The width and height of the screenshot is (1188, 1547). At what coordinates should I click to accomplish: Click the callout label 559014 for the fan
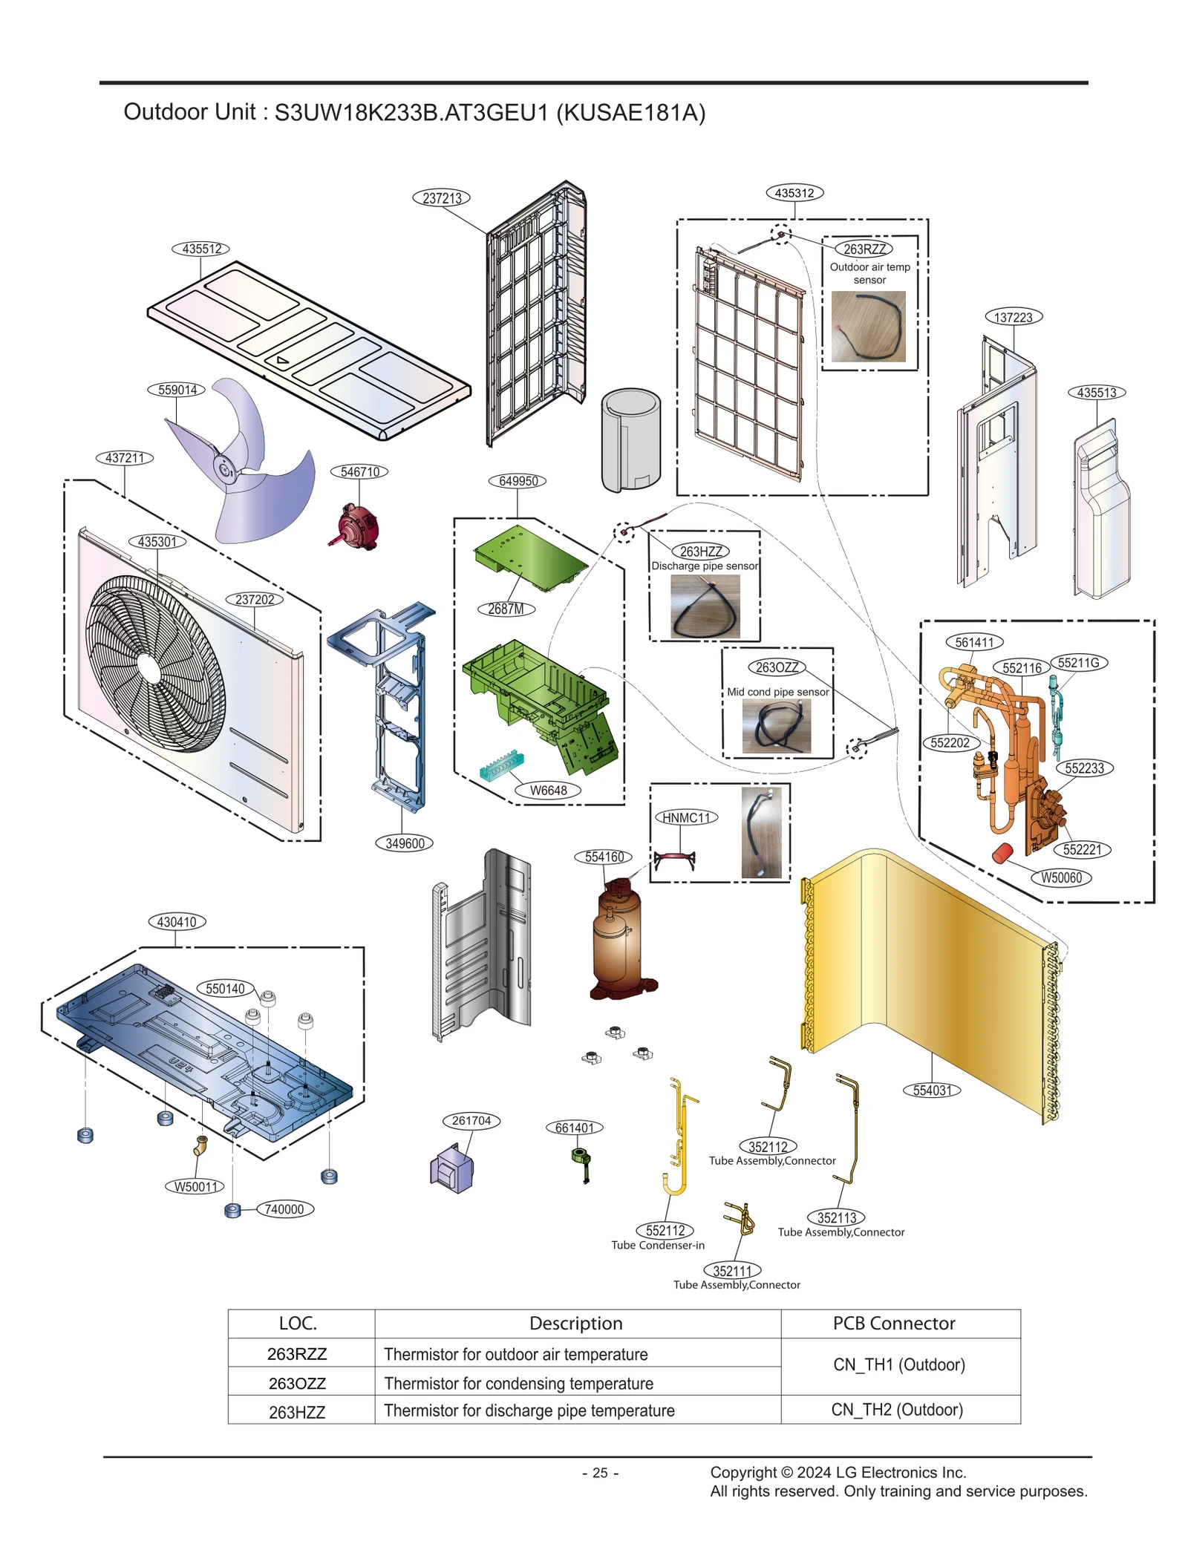pyautogui.click(x=177, y=390)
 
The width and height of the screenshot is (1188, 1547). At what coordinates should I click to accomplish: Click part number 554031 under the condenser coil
pyautogui.click(x=931, y=1090)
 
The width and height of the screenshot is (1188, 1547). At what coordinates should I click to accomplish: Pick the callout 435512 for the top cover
pyautogui.click(x=201, y=249)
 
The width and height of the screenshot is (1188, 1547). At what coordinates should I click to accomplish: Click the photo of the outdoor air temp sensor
pyautogui.click(x=867, y=327)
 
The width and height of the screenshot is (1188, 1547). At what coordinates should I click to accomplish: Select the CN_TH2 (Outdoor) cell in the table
pyautogui.click(x=896, y=1409)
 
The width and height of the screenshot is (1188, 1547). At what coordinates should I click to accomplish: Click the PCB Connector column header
pyautogui.click(x=893, y=1323)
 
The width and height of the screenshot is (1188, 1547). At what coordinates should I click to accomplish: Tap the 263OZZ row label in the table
pyautogui.click(x=297, y=1383)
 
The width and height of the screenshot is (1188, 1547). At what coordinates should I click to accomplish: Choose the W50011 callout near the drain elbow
pyautogui.click(x=195, y=1186)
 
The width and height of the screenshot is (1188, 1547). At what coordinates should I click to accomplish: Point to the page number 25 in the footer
pyautogui.click(x=600, y=1473)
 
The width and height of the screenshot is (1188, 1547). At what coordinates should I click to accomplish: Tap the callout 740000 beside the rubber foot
pyautogui.click(x=284, y=1209)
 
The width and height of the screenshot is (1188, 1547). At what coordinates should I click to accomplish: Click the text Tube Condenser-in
pyautogui.click(x=657, y=1245)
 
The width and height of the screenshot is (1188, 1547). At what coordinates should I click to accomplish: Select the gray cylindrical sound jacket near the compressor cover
pyautogui.click(x=630, y=440)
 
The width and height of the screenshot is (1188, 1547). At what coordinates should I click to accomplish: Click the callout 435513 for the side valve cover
pyautogui.click(x=1096, y=392)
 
